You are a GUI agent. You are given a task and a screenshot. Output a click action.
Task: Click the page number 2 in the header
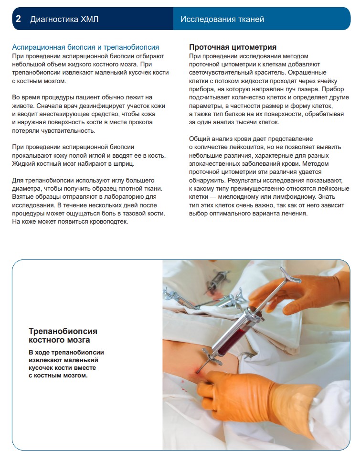(18, 19)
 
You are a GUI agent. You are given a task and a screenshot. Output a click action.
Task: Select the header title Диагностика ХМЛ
(65, 19)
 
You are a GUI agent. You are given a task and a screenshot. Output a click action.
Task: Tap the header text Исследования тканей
(222, 19)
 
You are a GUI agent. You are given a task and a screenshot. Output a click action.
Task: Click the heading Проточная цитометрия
(233, 47)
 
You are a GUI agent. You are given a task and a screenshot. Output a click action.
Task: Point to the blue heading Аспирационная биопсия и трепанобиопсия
(85, 47)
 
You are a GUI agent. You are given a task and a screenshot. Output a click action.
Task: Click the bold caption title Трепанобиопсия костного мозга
(63, 335)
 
